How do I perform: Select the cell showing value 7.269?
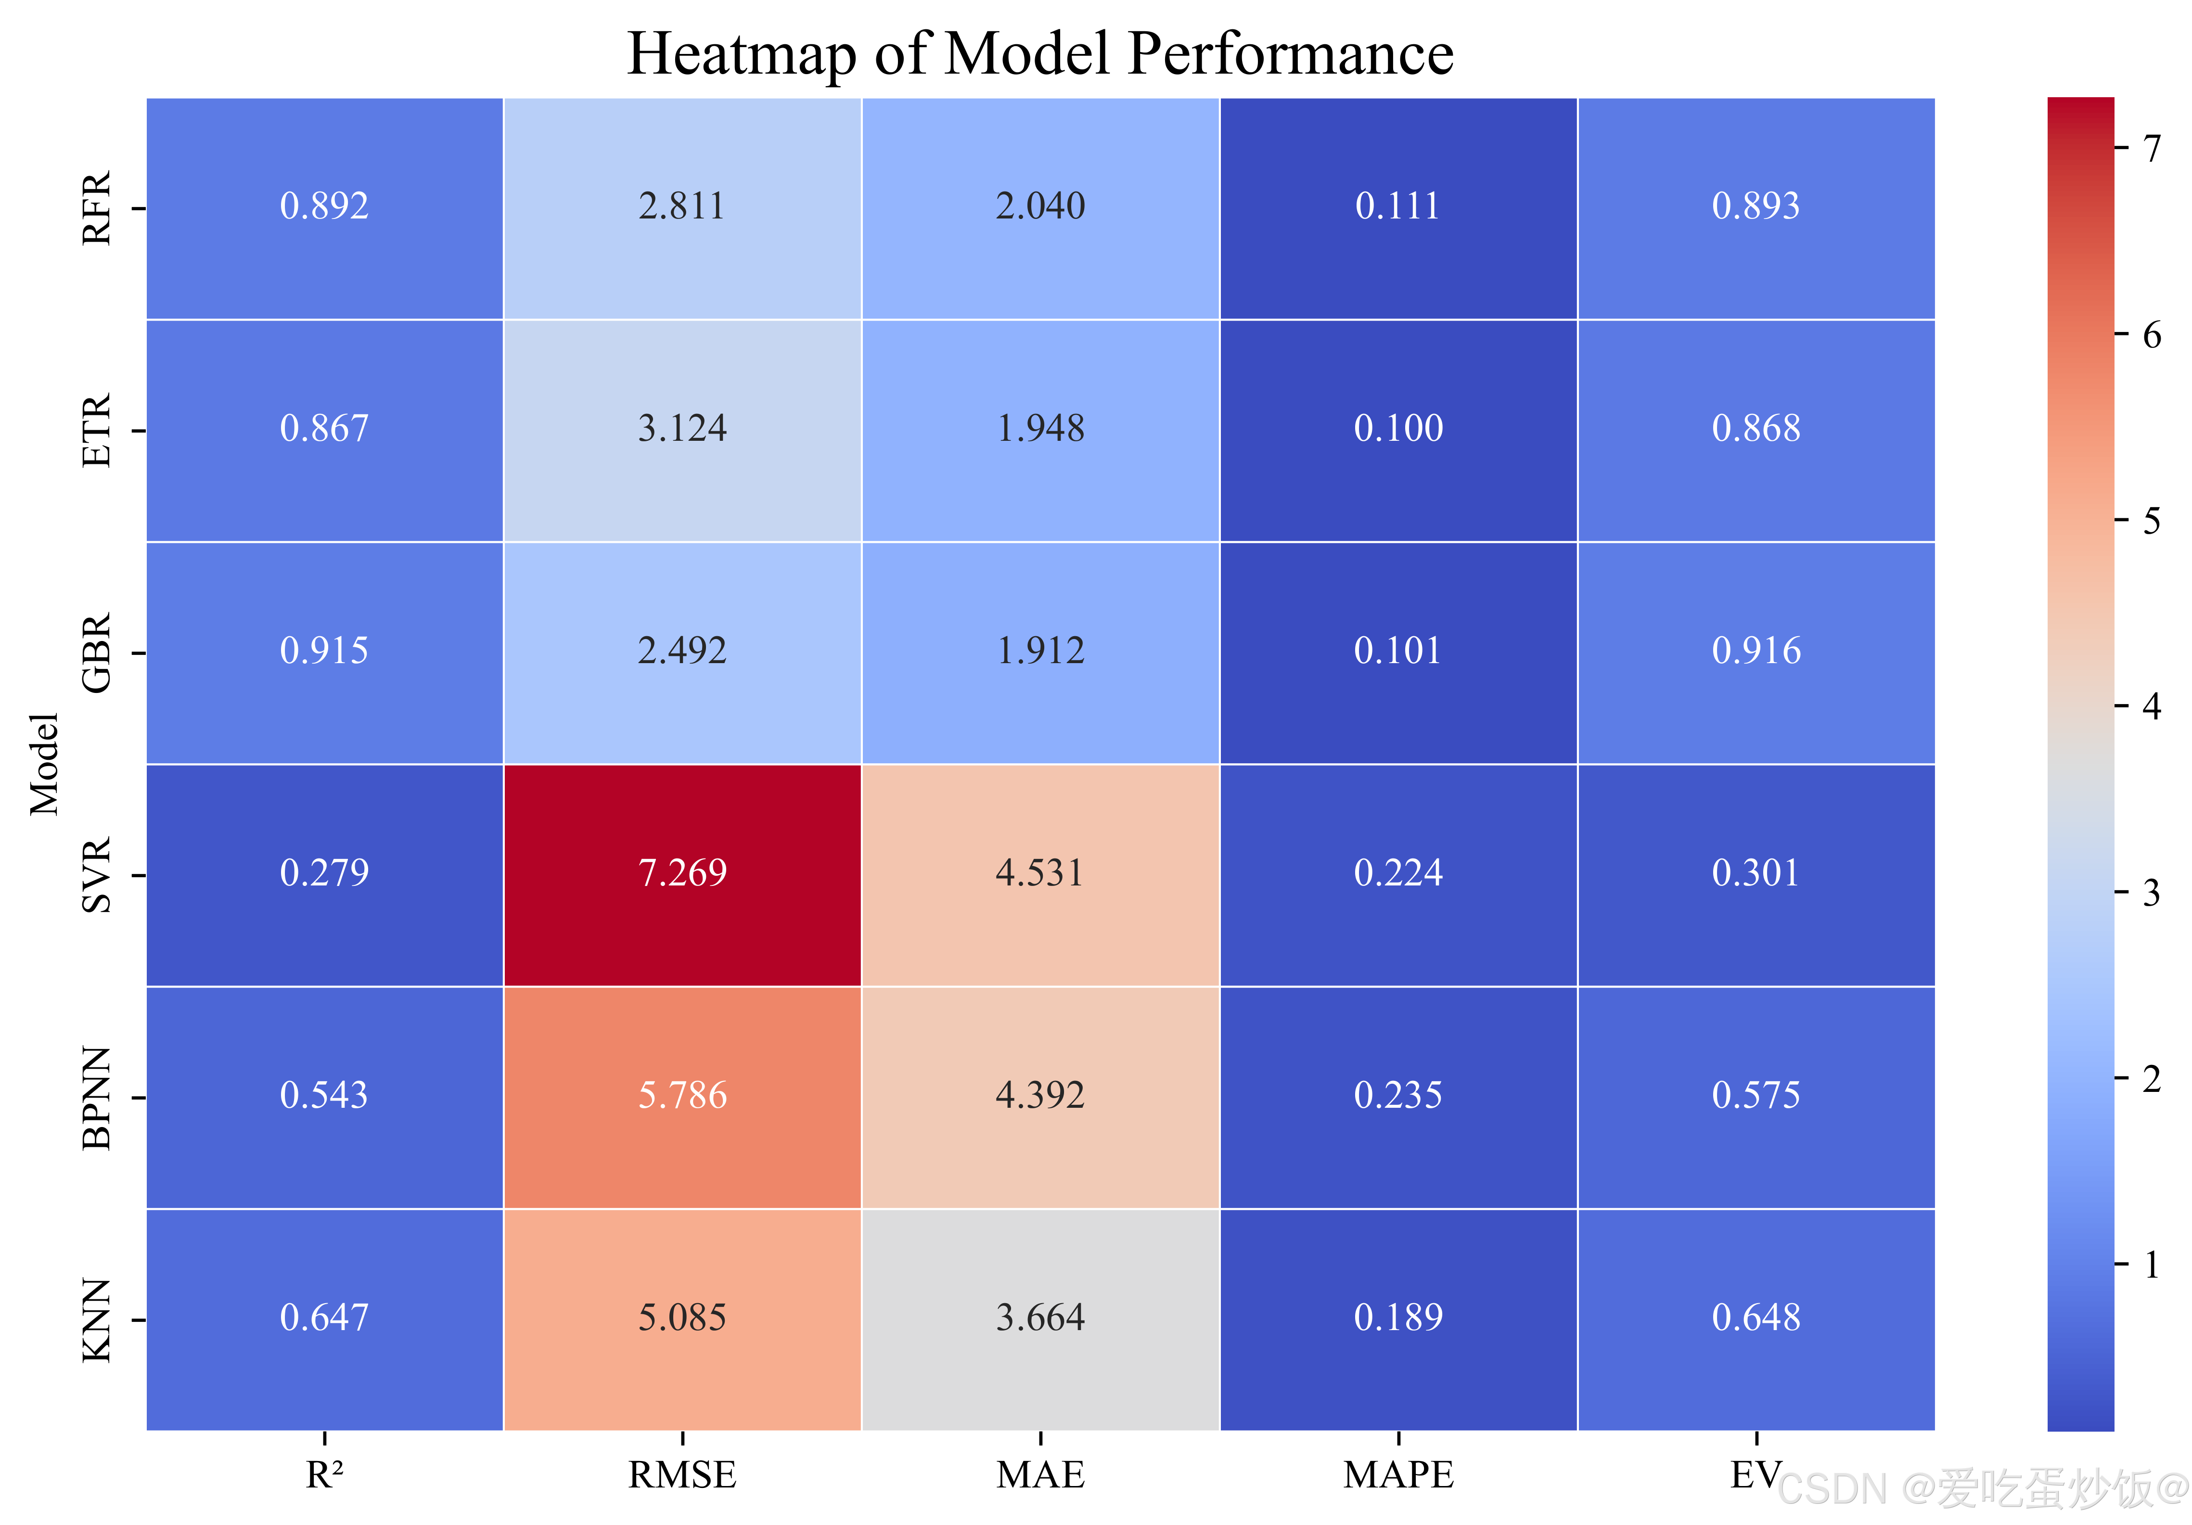(682, 875)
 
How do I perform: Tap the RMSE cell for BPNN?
(682, 1097)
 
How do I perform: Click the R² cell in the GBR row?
(325, 652)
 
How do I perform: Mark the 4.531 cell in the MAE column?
(1040, 875)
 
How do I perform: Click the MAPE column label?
(1398, 1475)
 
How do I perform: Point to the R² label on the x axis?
(325, 1475)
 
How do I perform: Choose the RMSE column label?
(682, 1475)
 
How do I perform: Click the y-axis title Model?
(44, 764)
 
